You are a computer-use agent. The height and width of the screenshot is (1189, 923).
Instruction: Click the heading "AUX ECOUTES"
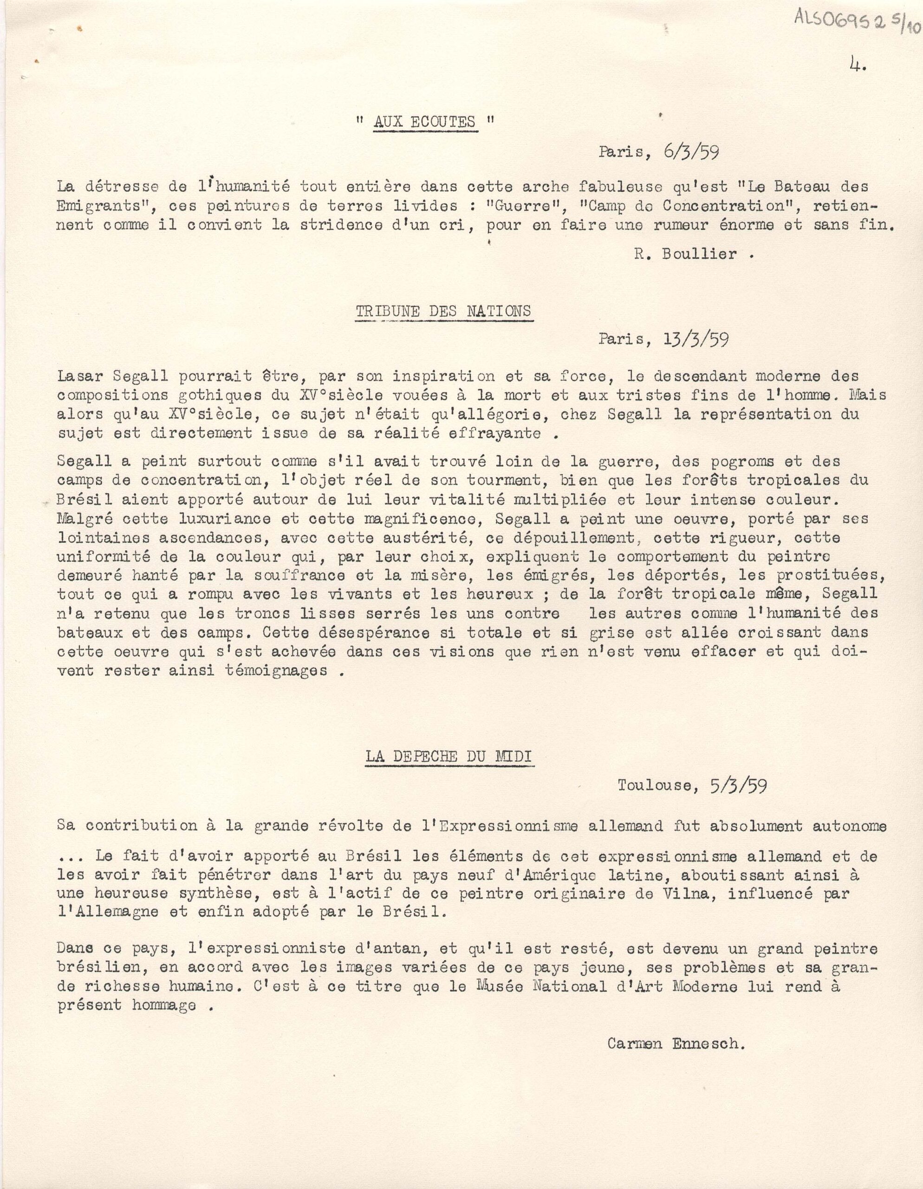coord(424,122)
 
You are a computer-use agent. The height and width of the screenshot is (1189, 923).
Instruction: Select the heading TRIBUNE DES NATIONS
coord(443,311)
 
